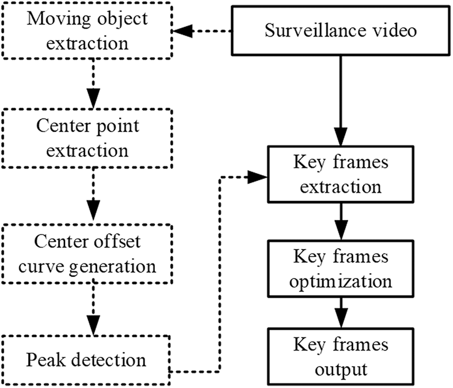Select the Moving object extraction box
[x=88, y=31]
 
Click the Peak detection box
[x=88, y=360]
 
